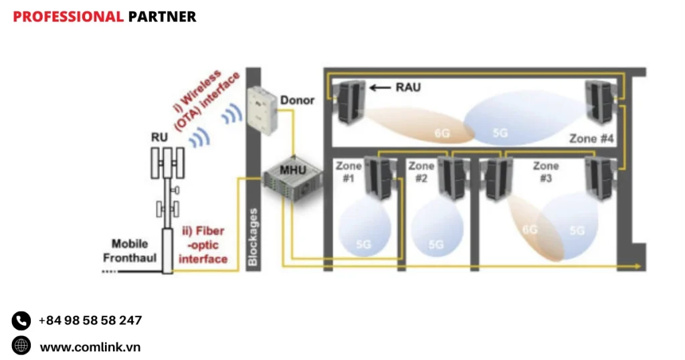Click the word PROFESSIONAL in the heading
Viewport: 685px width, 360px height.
[68, 17]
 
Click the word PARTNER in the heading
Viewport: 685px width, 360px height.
[162, 17]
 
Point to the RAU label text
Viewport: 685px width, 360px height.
[408, 87]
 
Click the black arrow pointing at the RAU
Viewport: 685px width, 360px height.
[381, 87]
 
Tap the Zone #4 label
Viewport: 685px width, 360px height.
[591, 139]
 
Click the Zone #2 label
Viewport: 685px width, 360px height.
[421, 171]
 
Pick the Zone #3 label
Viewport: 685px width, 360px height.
[545, 171]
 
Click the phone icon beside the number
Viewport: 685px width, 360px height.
[21, 321]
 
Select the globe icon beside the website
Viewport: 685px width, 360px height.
[21, 346]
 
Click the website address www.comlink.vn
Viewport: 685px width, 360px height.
[90, 347]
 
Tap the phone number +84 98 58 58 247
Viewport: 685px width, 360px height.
[90, 321]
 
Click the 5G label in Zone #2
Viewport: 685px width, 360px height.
[435, 245]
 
